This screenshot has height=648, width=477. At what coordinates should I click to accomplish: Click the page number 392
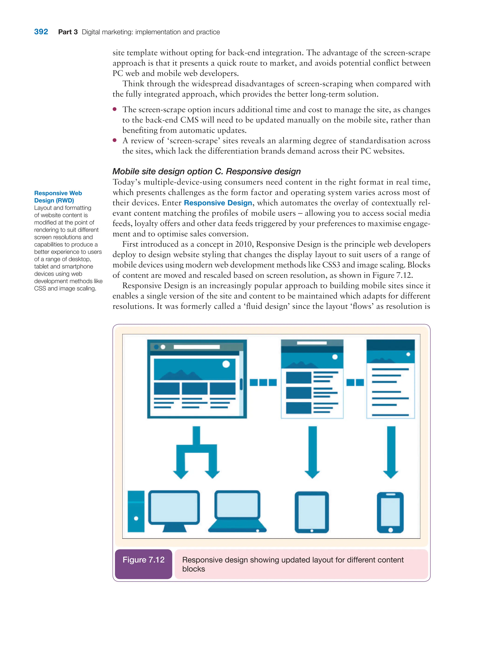point(41,32)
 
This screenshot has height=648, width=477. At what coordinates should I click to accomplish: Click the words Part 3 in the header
point(68,32)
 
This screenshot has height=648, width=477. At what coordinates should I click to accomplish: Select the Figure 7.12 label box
point(143,564)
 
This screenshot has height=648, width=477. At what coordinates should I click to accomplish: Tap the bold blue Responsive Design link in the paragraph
point(218,203)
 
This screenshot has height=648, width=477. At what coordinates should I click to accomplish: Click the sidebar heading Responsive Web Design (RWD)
point(58,197)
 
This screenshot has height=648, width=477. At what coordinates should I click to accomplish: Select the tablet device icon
point(312,512)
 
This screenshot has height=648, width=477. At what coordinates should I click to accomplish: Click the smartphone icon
point(390,512)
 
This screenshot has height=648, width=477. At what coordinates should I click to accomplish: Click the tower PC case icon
point(136,511)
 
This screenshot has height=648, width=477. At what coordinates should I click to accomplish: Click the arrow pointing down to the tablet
point(312,452)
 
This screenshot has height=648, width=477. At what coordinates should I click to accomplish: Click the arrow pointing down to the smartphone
point(391,452)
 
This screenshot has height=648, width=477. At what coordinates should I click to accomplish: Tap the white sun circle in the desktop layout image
point(226,364)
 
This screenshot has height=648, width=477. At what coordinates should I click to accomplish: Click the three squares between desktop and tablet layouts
point(263,383)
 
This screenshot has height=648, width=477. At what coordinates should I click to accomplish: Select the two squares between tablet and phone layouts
point(355,383)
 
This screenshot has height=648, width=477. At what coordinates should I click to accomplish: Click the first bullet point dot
point(115,109)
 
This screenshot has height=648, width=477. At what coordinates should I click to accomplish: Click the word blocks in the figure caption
point(194,569)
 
